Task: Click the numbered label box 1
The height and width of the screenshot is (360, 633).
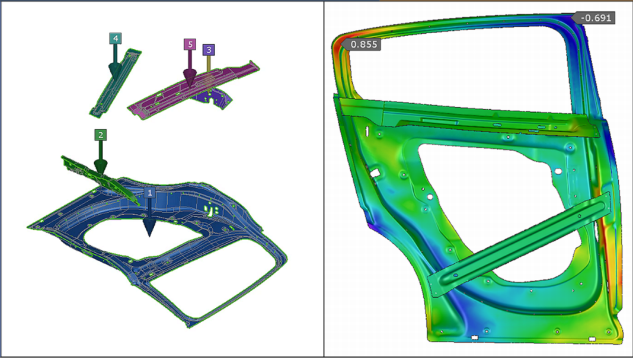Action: coord(150,193)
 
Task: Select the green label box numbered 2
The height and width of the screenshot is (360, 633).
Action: coord(101,135)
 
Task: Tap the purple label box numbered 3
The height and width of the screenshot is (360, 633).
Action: coord(208,50)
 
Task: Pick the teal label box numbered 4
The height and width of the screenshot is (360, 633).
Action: coord(115,38)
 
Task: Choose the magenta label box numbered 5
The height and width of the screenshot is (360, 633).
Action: coord(189,44)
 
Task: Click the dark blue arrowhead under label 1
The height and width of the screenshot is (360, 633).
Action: coord(149,228)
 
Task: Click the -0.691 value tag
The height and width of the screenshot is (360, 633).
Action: coord(596,18)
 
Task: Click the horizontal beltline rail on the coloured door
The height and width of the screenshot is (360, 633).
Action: coord(474,119)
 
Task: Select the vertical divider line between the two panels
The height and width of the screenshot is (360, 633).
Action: coord(324,178)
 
